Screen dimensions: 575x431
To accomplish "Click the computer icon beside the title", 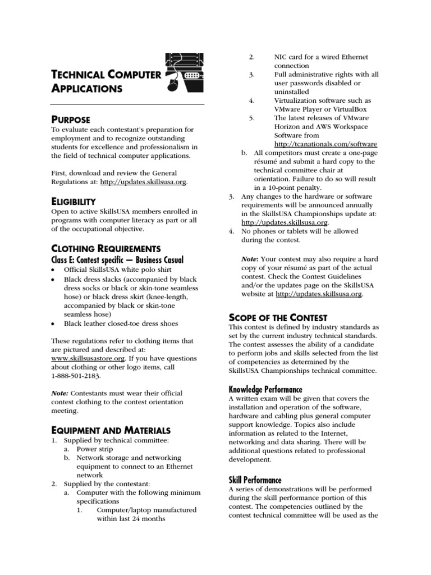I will [184, 71].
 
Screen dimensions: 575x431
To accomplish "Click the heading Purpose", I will [70, 118].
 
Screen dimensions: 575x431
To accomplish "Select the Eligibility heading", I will [74, 201].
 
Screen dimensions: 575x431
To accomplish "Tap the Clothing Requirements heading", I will [106, 248].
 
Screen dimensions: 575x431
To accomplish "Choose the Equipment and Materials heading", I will [111, 430].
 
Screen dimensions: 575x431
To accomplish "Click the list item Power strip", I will [94, 449].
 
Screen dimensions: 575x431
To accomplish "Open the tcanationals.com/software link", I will [325, 144].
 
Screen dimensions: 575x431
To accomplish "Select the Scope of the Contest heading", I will [278, 317].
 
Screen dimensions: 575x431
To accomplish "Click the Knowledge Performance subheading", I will [265, 389].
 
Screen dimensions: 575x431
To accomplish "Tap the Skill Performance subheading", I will [255, 480].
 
